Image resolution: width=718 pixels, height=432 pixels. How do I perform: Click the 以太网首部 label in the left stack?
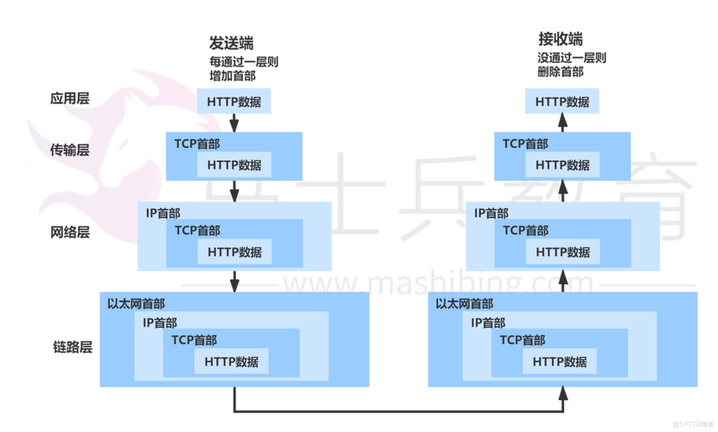click(x=137, y=304)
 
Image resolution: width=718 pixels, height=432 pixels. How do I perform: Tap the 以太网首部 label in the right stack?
click(x=465, y=304)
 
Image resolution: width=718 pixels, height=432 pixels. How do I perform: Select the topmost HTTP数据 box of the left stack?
click(x=234, y=102)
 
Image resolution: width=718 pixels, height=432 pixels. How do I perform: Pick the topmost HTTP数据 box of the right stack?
click(x=562, y=102)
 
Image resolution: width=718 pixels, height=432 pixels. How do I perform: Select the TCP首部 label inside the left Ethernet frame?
click(x=194, y=340)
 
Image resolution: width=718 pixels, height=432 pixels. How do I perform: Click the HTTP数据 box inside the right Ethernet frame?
click(x=560, y=362)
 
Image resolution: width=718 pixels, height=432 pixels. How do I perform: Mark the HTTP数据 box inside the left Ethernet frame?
click(x=231, y=362)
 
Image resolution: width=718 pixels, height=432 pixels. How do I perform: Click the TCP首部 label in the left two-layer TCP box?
click(x=196, y=144)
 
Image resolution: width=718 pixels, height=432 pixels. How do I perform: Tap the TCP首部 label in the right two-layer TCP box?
click(x=525, y=144)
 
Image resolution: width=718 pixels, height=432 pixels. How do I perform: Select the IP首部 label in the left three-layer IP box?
click(x=163, y=213)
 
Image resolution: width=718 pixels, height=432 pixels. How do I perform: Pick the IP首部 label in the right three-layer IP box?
click(x=490, y=213)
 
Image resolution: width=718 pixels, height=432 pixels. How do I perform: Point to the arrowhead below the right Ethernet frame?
click(x=563, y=396)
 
